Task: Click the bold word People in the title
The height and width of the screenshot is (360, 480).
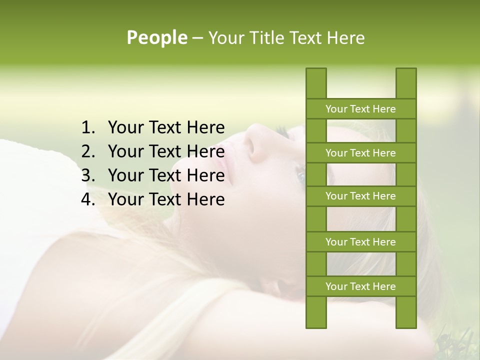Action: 156,38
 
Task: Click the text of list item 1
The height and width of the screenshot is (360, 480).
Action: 166,128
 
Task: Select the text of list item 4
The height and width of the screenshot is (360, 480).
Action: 166,199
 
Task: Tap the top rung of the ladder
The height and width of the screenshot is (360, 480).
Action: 360,109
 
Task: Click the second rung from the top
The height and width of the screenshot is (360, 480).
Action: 360,153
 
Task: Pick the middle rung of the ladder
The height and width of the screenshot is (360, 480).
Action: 360,196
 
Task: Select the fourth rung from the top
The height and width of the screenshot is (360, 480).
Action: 360,242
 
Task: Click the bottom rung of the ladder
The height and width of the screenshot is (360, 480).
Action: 360,286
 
